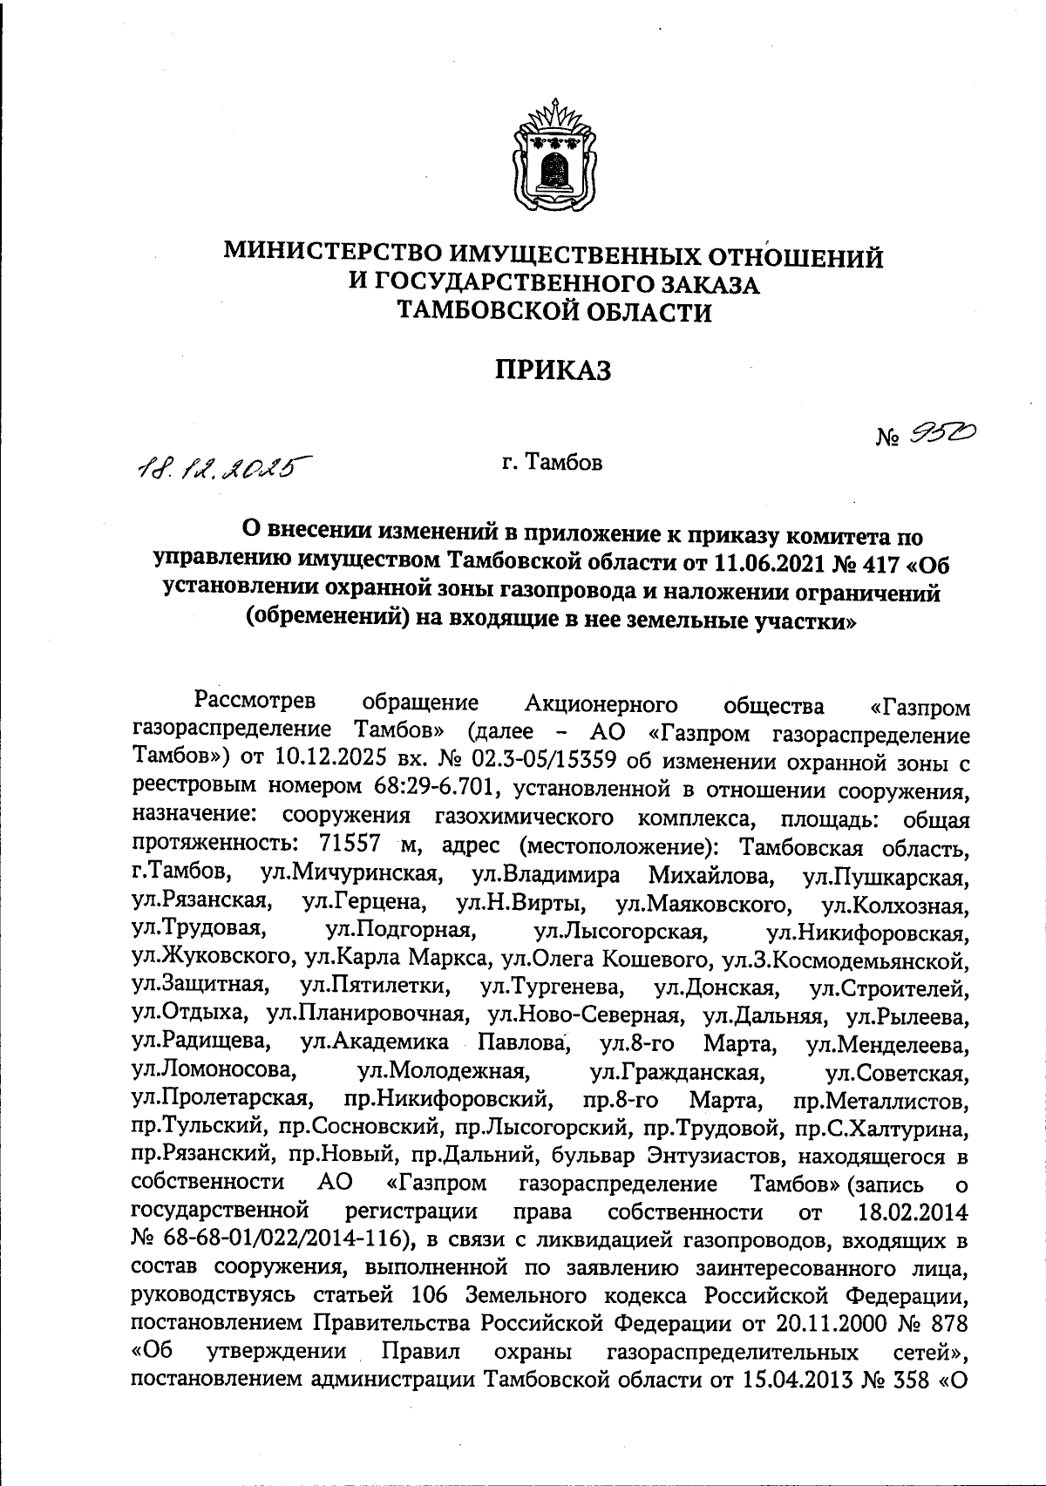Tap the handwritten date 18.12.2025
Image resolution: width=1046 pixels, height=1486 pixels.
point(223,469)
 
